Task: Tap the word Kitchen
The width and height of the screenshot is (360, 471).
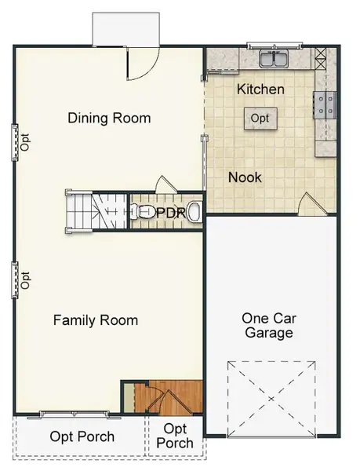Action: click(260, 89)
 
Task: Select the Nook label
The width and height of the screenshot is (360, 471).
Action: click(245, 177)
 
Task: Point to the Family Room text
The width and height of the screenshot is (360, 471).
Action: click(96, 319)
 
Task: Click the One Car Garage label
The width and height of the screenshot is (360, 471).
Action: click(267, 325)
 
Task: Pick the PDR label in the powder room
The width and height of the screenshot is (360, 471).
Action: click(170, 213)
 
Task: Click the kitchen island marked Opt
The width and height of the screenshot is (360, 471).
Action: click(260, 118)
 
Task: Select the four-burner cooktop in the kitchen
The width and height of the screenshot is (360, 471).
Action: click(324, 104)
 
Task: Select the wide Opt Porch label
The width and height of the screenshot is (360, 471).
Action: click(82, 436)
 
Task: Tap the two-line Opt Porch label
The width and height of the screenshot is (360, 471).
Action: click(175, 436)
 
